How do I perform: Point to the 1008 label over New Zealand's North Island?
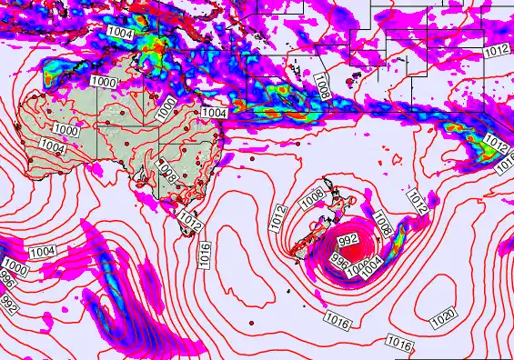point(313,195)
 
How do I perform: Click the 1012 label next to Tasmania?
point(190,219)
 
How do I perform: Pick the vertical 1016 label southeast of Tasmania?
point(206,254)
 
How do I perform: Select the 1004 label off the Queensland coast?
point(213,112)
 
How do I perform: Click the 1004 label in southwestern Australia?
point(52,145)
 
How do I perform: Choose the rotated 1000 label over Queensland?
point(165,108)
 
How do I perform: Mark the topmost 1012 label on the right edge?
point(497,52)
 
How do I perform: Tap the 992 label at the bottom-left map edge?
point(8,300)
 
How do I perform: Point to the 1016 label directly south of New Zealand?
point(336,317)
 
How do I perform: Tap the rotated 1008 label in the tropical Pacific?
point(321,85)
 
